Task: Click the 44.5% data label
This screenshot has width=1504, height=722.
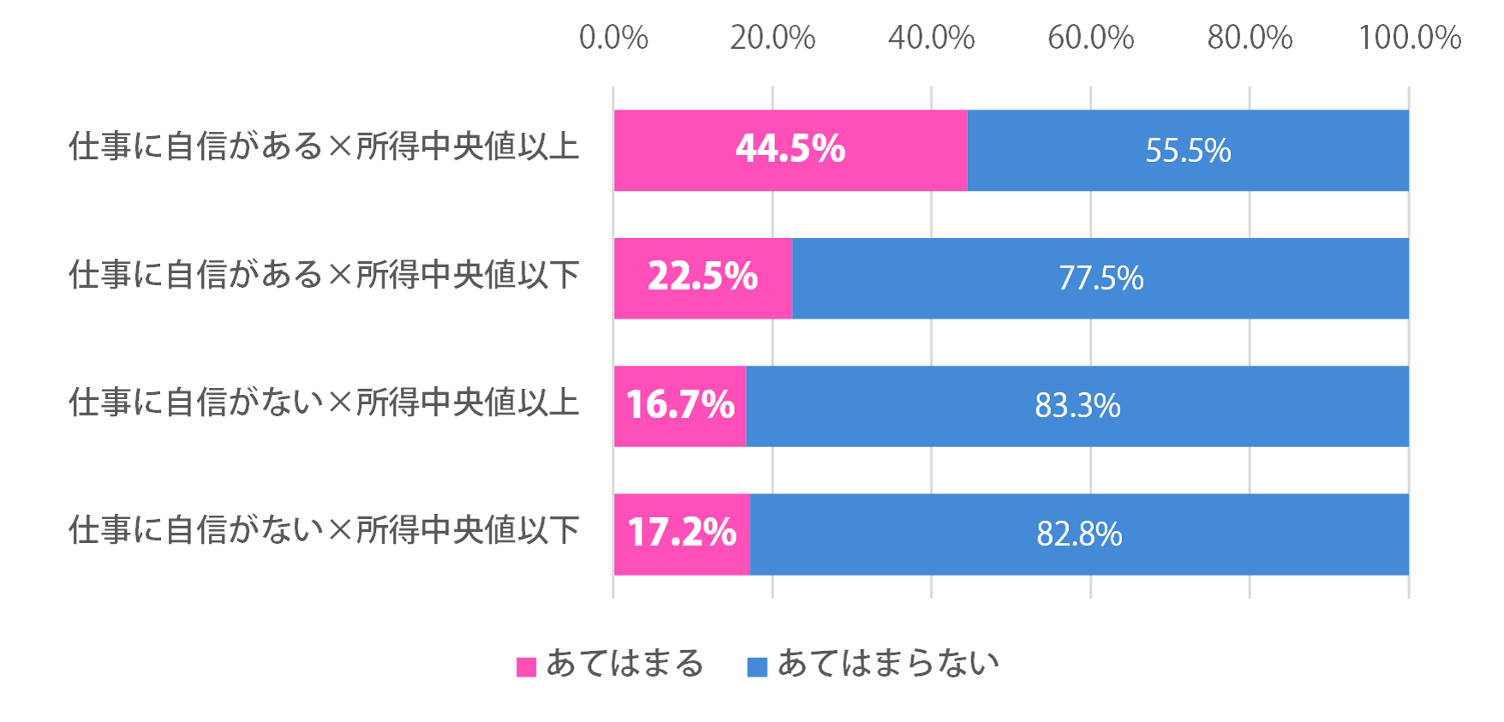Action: click(791, 149)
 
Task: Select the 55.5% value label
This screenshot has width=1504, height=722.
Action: click(1188, 151)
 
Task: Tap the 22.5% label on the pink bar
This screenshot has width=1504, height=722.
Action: click(702, 277)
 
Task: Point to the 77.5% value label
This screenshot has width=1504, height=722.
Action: click(1101, 278)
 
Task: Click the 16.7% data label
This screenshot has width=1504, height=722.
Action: click(680, 404)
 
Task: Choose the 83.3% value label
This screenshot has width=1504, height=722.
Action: click(1077, 406)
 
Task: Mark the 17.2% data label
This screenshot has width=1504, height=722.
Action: click(682, 533)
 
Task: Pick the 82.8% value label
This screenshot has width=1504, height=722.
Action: click(1079, 534)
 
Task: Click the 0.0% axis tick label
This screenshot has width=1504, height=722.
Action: click(613, 38)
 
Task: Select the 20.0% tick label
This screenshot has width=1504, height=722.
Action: click(773, 38)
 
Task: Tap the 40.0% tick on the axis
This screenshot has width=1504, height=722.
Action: click(931, 38)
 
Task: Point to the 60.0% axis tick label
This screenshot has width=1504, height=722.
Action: click(1090, 38)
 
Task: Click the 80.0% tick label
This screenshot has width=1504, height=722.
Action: click(1250, 38)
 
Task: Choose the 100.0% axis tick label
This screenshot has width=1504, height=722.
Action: click(1409, 38)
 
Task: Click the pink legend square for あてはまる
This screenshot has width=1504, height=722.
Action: click(526, 667)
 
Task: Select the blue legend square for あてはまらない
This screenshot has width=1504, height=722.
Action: click(757, 667)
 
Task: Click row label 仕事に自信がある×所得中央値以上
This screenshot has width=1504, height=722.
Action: click(324, 146)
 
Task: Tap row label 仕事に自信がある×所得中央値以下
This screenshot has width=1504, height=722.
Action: click(324, 275)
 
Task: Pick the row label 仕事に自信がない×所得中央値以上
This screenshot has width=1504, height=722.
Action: click(324, 403)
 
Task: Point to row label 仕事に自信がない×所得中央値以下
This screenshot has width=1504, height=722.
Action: click(324, 531)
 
